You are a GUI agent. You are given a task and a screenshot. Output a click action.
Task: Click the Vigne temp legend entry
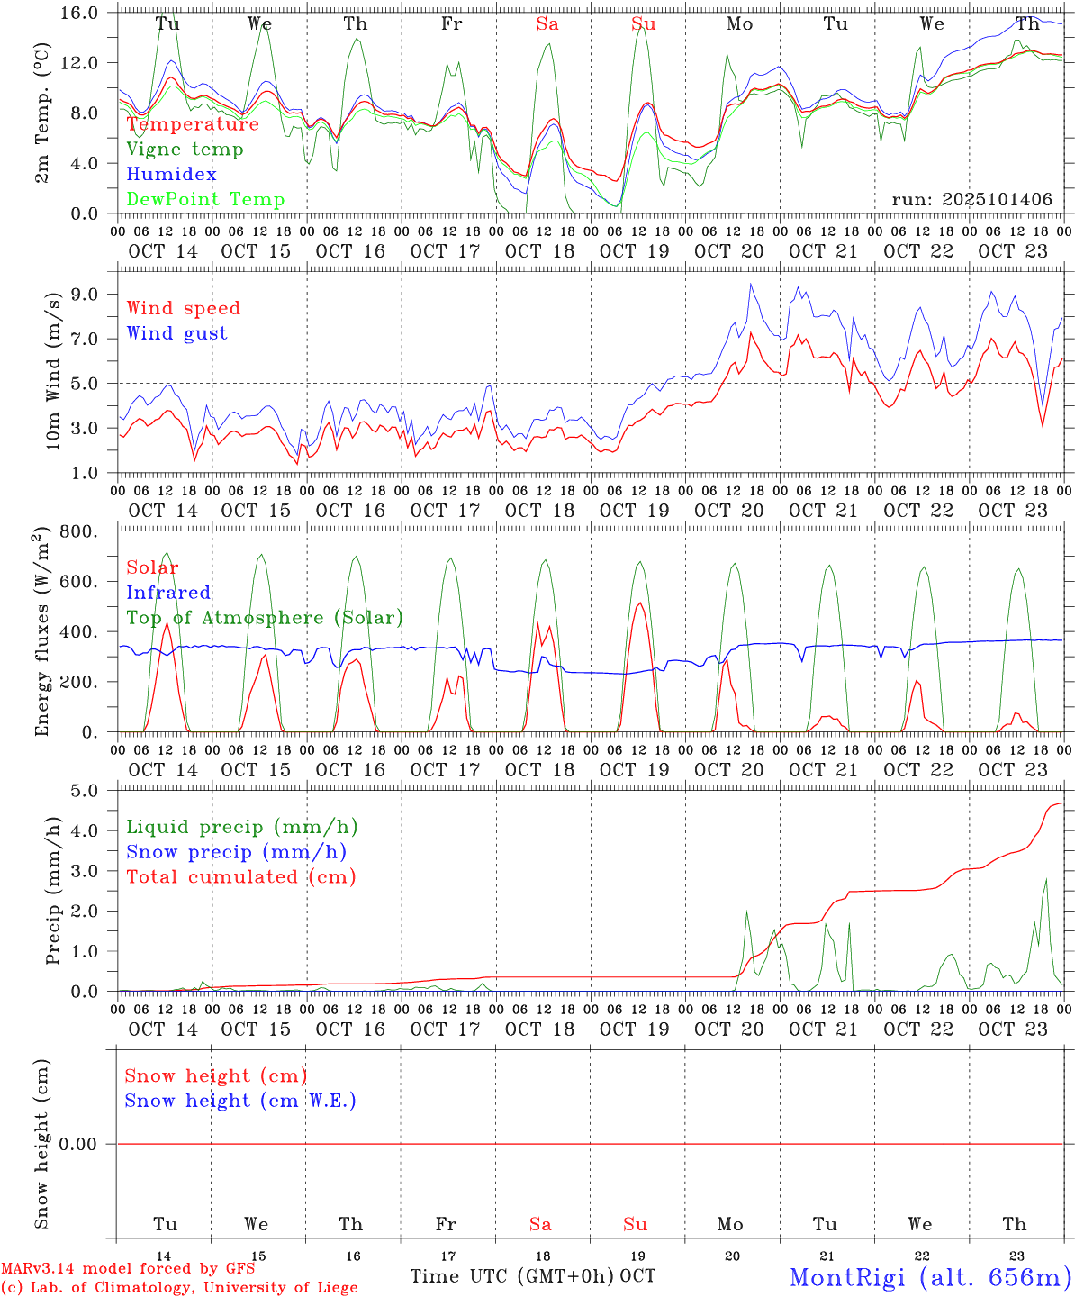tap(185, 150)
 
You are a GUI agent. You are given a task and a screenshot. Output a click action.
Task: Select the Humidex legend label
tap(171, 175)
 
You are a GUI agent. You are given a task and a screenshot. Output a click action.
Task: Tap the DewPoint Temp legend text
tap(205, 200)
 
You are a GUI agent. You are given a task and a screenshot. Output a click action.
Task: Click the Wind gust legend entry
tap(176, 333)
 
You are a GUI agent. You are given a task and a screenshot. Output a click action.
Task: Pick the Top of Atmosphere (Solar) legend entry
tap(264, 618)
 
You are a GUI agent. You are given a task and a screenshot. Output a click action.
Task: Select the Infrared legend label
tap(168, 593)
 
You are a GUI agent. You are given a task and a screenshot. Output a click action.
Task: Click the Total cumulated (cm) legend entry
tap(240, 877)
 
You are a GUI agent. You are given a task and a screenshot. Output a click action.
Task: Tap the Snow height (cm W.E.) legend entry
tap(240, 1101)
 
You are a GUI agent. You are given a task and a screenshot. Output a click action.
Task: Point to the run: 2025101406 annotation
tap(971, 200)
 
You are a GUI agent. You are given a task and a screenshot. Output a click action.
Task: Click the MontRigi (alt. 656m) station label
tap(930, 1277)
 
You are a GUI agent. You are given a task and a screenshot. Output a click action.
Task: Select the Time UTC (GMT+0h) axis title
tap(511, 1276)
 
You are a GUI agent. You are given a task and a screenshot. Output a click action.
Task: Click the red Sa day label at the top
tap(547, 24)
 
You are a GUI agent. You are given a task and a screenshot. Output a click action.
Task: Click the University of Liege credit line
tap(179, 1287)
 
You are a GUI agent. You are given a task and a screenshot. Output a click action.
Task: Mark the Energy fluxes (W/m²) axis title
tap(41, 632)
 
